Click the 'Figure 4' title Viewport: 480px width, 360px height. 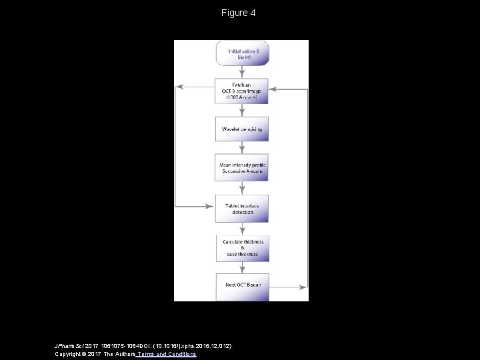click(239, 13)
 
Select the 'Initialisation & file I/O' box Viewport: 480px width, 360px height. click(241, 53)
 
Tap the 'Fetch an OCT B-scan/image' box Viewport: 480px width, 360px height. click(241, 91)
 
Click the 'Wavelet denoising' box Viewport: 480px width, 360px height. click(241, 128)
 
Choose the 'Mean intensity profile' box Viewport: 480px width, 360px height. click(241, 167)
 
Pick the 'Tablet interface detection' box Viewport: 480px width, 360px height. click(241, 208)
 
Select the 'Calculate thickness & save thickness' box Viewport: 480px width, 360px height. click(241, 248)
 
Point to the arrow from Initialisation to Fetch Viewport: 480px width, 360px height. click(241, 72)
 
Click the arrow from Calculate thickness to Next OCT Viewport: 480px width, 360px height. click(241, 267)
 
